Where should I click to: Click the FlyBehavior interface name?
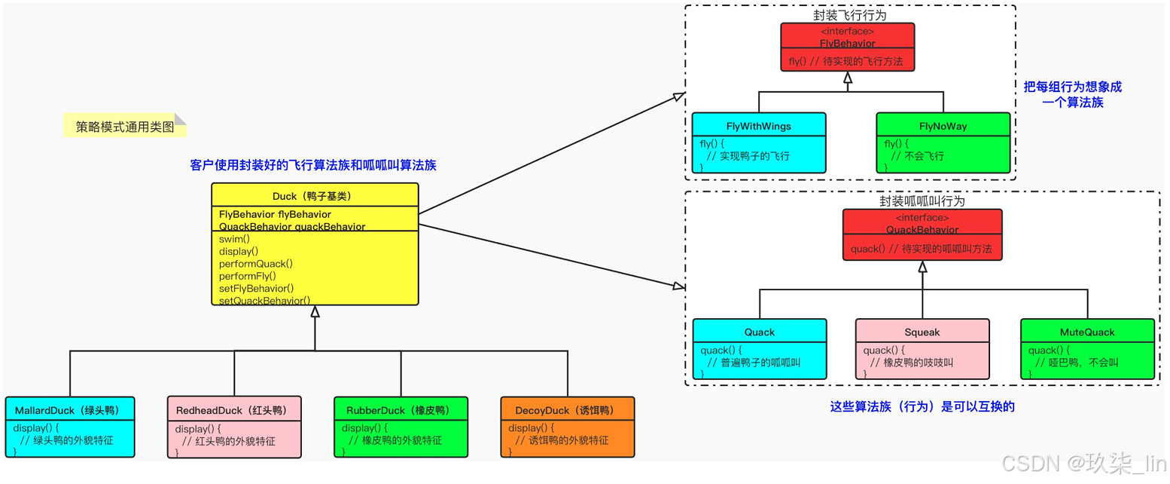(x=847, y=44)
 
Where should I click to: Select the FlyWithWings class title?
(x=758, y=126)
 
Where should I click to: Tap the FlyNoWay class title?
(x=943, y=126)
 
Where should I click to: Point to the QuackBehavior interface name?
(x=922, y=230)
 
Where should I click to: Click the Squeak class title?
(x=922, y=332)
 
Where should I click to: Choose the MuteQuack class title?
(x=1086, y=332)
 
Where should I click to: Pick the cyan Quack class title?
(x=759, y=332)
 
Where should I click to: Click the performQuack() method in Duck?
(x=255, y=264)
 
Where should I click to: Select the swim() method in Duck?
(x=234, y=239)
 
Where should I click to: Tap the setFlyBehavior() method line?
(x=256, y=288)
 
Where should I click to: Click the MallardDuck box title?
(x=69, y=410)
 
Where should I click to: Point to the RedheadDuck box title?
(x=234, y=410)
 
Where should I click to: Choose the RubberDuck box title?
(x=401, y=410)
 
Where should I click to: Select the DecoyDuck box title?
(x=567, y=410)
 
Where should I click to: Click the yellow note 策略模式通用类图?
(x=124, y=127)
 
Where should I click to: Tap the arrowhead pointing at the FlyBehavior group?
(x=678, y=96)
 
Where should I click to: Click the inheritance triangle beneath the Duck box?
(x=315, y=311)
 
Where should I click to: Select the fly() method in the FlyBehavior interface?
(x=847, y=62)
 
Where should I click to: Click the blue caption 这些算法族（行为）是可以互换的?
(x=922, y=406)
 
